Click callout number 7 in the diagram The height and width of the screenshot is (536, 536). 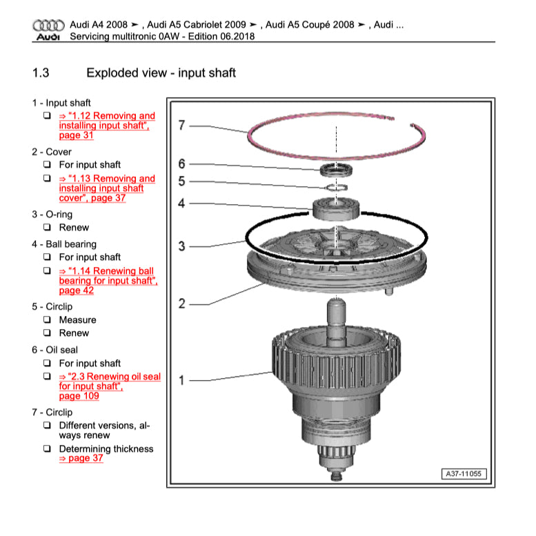pos(181,126)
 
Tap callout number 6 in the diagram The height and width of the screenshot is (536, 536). pos(181,163)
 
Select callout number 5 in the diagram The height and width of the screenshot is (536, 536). pos(181,182)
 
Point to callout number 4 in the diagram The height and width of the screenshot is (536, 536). pos(181,204)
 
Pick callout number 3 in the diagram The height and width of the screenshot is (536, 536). pos(181,246)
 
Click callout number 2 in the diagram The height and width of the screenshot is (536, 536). pos(181,304)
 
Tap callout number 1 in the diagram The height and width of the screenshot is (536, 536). pos(181,380)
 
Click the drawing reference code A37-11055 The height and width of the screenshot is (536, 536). pos(464,474)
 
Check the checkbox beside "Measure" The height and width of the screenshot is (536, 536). pos(47,320)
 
